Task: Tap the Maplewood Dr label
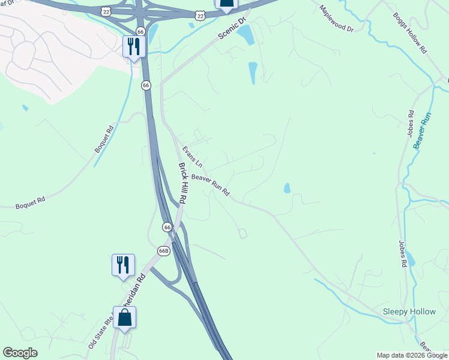point(337,19)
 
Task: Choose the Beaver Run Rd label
point(210,185)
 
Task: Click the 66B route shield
point(164,250)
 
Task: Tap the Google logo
point(20,353)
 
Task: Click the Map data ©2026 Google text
point(412,355)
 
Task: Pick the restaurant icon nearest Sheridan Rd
point(123,265)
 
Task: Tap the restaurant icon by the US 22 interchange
point(134,46)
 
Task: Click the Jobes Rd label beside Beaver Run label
point(411,123)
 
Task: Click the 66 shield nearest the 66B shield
point(167,227)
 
